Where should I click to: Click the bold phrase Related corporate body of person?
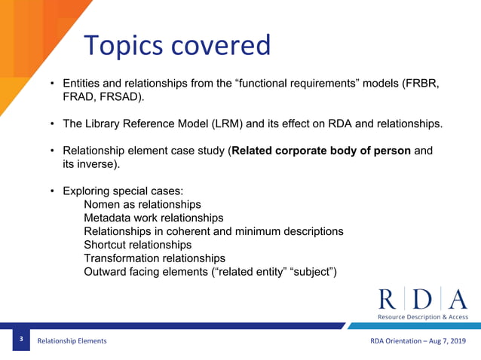(321, 151)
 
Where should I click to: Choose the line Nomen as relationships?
(142, 204)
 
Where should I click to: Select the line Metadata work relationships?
(153, 218)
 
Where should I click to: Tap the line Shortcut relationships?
(137, 245)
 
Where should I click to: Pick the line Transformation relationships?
(155, 258)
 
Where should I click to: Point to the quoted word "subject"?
(313, 272)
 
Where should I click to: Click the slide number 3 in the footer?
(21, 340)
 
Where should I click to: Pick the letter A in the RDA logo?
(457, 300)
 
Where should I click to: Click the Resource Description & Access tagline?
(423, 317)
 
